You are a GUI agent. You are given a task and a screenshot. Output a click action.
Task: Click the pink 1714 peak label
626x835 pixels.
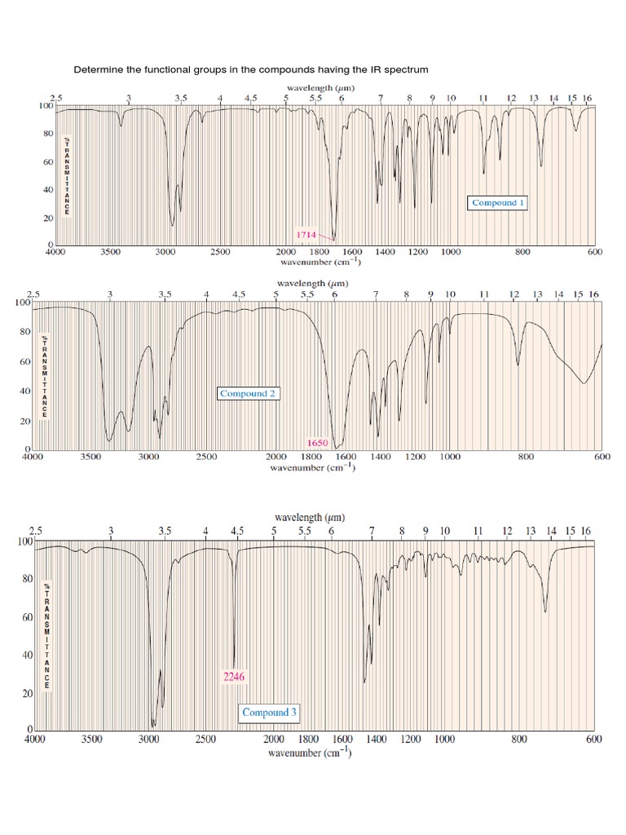click(306, 234)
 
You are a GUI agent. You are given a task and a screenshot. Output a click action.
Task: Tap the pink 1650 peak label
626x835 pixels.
click(317, 443)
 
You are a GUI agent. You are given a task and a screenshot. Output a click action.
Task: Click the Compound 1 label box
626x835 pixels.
click(498, 203)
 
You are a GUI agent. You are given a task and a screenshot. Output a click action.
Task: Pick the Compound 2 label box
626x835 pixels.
click(249, 393)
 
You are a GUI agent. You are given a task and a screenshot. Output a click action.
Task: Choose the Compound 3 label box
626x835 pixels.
click(269, 713)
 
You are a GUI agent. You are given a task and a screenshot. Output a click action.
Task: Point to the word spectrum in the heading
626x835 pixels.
click(407, 70)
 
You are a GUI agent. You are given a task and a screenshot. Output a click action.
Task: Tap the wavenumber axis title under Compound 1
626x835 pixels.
click(323, 263)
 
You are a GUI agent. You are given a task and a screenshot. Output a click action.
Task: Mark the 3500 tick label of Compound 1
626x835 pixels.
click(111, 253)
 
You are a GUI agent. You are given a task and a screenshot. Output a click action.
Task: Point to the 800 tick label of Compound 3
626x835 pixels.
click(519, 740)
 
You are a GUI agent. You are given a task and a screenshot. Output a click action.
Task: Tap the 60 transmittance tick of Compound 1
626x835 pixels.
click(50, 162)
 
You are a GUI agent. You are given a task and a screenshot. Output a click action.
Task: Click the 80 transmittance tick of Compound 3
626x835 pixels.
click(27, 579)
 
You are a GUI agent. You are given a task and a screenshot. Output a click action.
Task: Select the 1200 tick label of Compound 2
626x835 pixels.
click(416, 457)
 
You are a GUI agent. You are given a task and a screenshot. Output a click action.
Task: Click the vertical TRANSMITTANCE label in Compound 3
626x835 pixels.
click(47, 636)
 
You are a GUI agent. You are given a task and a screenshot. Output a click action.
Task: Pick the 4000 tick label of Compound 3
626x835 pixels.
click(34, 740)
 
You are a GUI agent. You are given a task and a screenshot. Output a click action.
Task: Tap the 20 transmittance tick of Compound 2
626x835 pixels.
click(26, 422)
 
